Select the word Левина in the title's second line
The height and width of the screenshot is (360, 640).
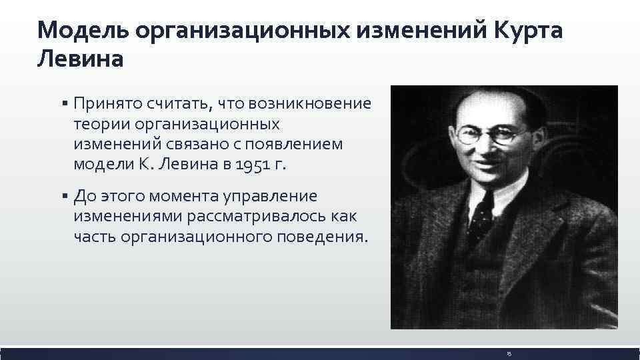coord(81,60)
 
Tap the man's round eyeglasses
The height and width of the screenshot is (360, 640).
coord(485,133)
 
